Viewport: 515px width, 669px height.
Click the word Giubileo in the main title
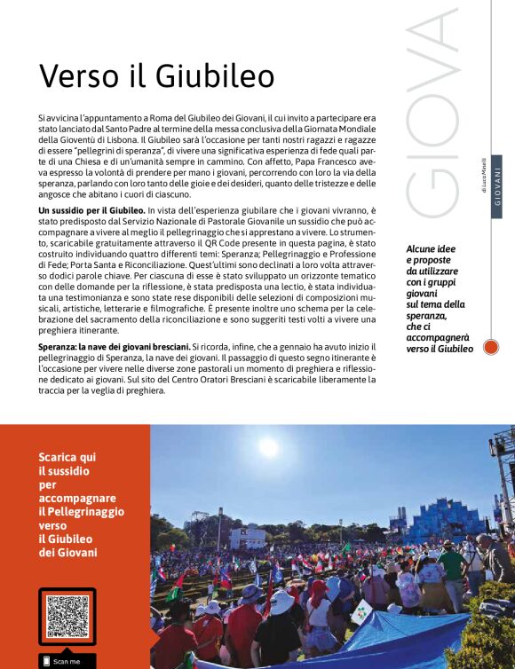215,76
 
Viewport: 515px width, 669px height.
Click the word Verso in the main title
76,76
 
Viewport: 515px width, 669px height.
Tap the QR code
67,618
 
